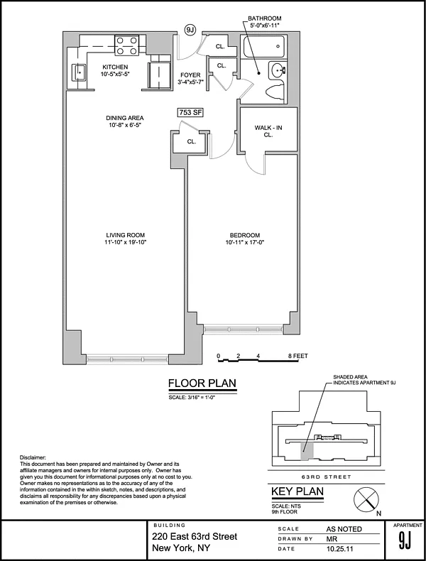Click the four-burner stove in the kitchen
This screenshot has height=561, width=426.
[126, 45]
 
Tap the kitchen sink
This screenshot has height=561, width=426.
[79, 72]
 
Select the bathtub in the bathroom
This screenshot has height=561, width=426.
[265, 46]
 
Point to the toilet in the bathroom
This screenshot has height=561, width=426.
[275, 92]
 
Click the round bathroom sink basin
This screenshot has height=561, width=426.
[277, 70]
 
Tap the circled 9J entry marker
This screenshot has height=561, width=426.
[190, 30]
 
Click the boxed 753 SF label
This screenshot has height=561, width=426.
[190, 112]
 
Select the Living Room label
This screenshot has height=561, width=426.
[125, 235]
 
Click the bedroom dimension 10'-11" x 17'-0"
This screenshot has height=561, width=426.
[245, 242]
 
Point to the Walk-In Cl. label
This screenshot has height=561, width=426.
[268, 131]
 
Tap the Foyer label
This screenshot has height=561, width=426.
[190, 75]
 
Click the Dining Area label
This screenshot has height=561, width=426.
[125, 118]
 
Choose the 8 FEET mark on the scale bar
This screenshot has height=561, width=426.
[298, 356]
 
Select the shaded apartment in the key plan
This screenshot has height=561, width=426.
[307, 451]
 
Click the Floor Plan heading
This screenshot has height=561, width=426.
[202, 383]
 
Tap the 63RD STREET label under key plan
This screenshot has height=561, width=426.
[326, 477]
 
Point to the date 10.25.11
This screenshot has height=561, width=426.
[339, 548]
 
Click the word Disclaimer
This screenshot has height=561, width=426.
[33, 457]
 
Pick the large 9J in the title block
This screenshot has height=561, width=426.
[405, 540]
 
